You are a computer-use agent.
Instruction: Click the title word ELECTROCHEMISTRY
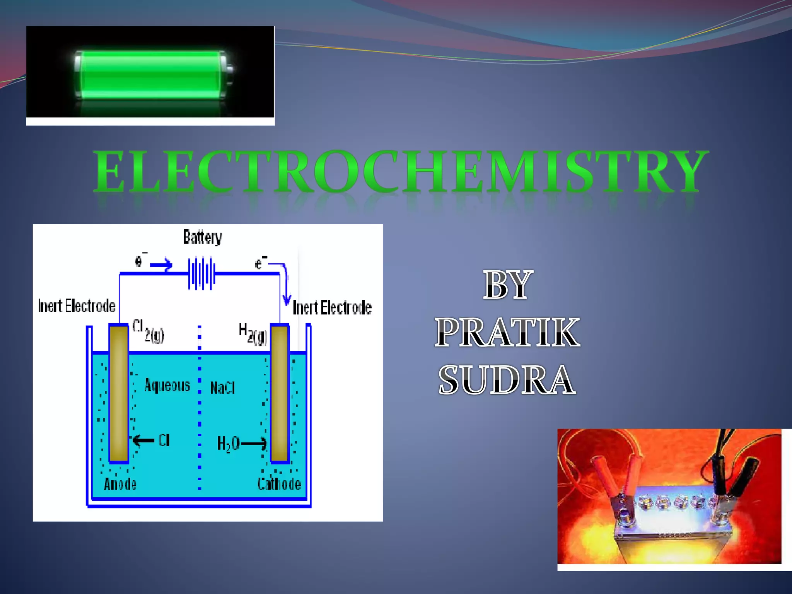(x=401, y=172)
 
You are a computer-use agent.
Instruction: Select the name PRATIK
(x=507, y=333)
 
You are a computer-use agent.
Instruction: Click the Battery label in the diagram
(x=203, y=237)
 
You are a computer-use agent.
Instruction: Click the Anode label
(x=120, y=484)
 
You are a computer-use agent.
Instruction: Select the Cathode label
(x=279, y=484)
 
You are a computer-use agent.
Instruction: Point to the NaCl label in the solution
(x=222, y=387)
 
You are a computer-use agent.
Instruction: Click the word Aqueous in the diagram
(x=167, y=386)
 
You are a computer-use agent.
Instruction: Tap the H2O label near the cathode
(x=228, y=444)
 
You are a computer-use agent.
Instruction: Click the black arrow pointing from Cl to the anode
(x=143, y=440)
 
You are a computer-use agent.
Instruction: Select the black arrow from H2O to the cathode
(x=254, y=443)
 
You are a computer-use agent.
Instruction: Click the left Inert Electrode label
(x=77, y=306)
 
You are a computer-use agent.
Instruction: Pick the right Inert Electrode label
(x=332, y=308)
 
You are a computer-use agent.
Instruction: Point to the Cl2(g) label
(x=148, y=331)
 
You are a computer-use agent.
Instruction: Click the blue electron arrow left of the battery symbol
(x=161, y=265)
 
